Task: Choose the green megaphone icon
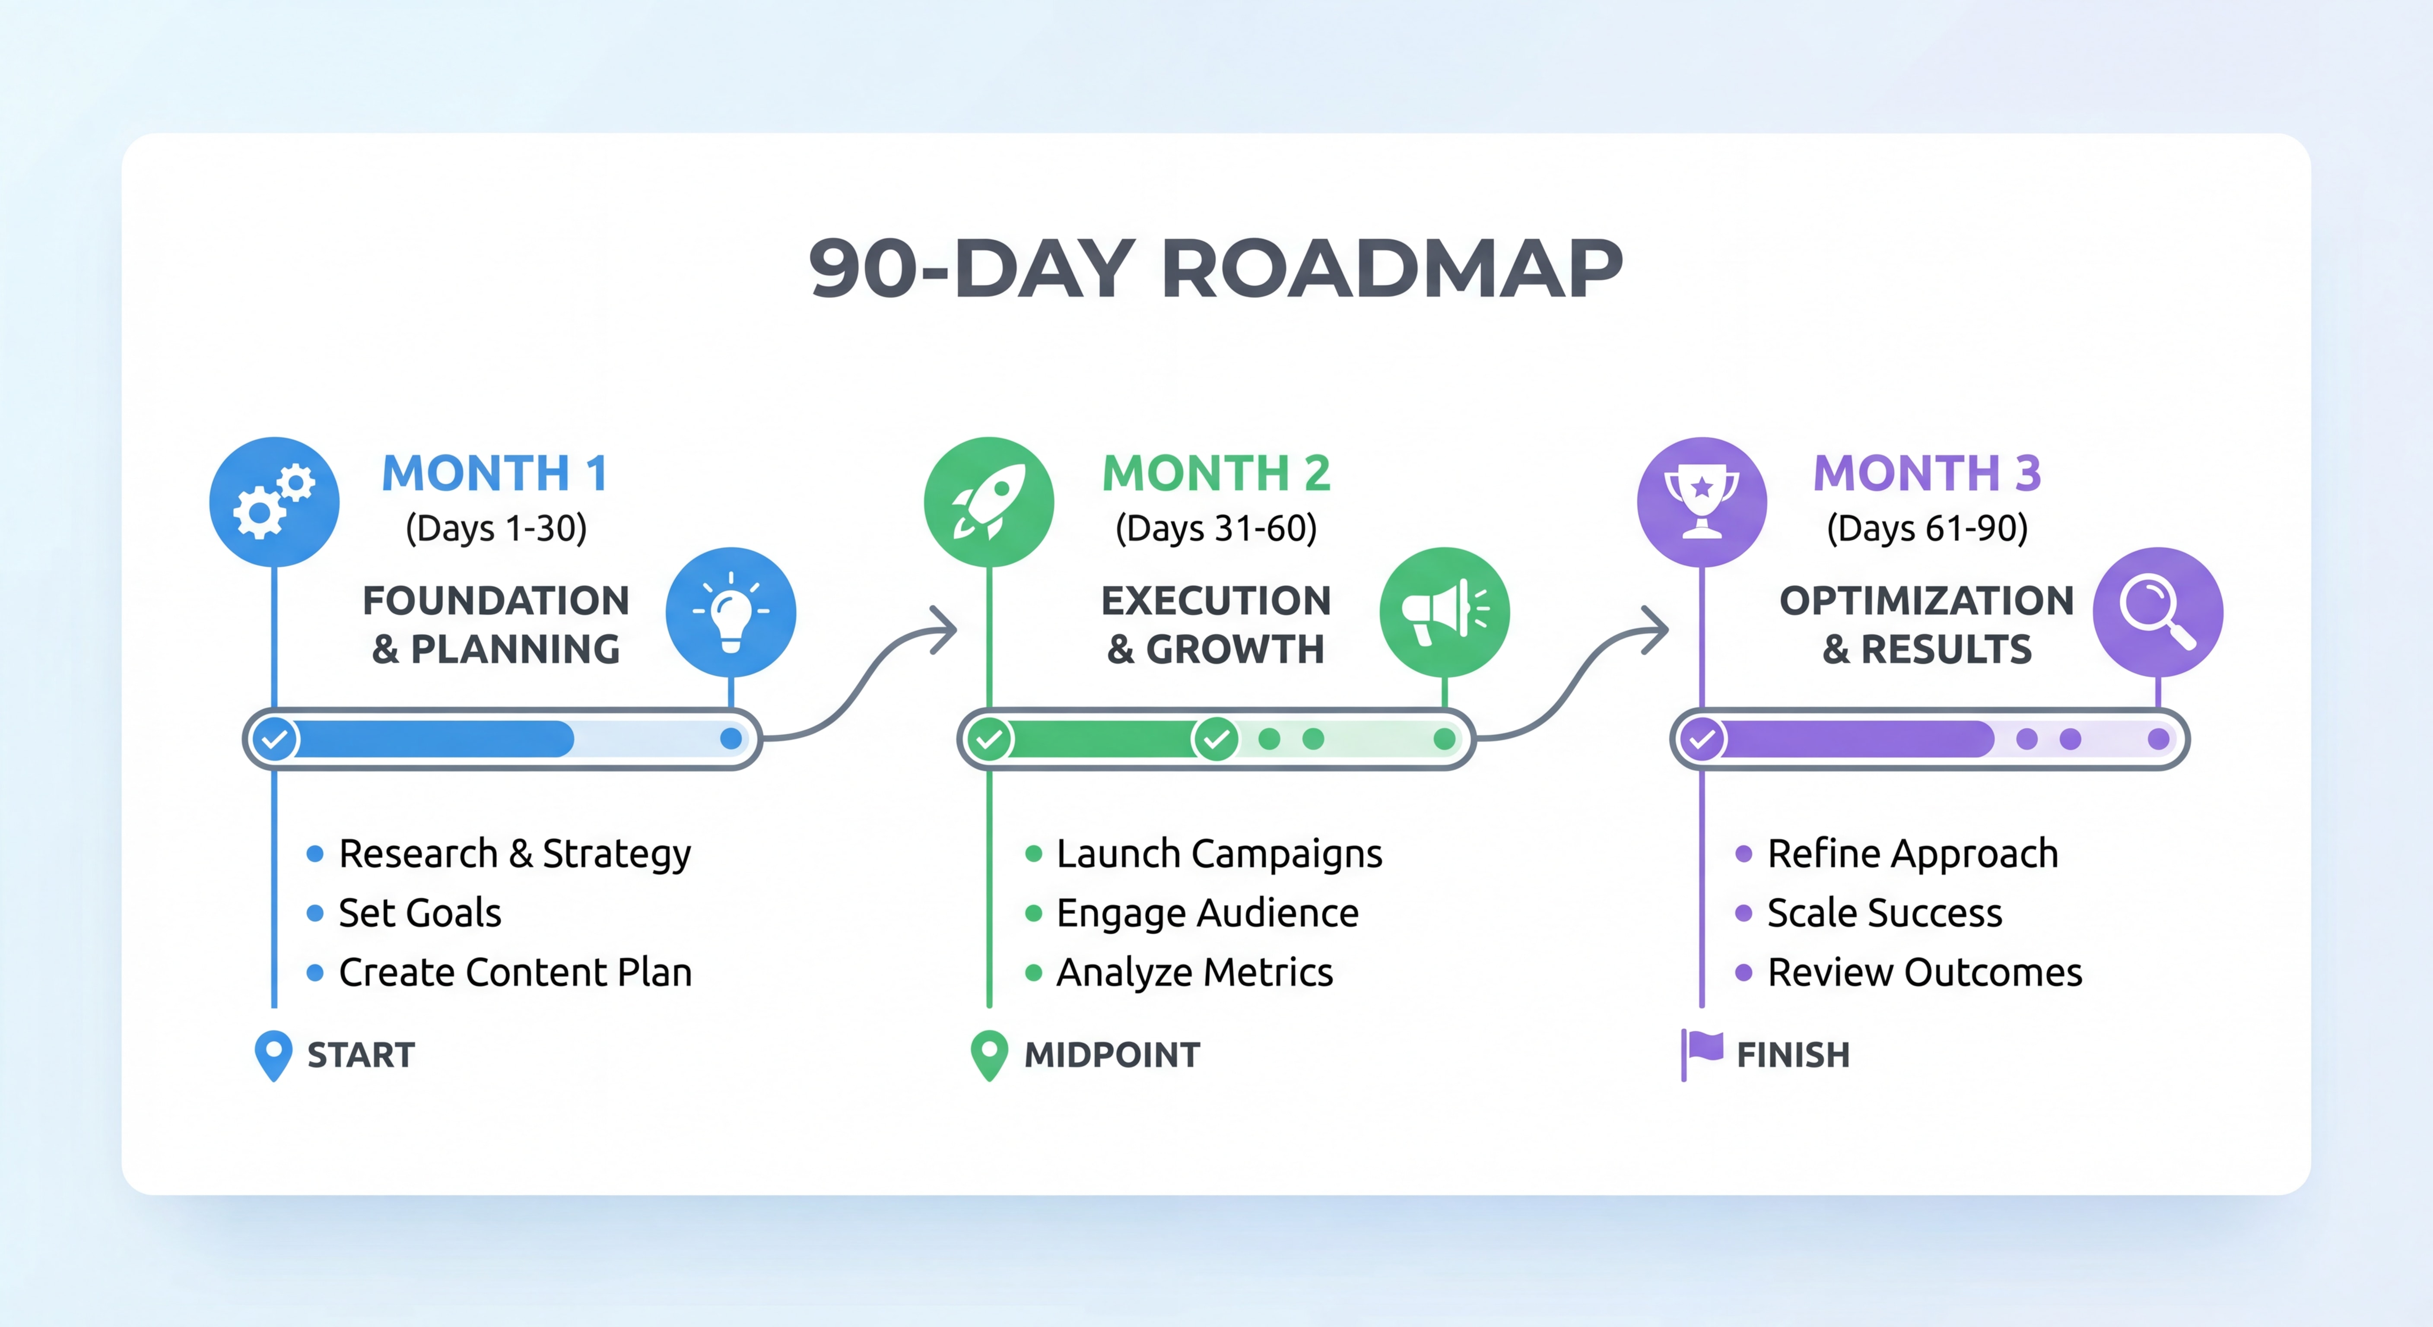(x=1444, y=612)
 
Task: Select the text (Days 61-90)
(x=1927, y=528)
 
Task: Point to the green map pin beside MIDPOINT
(x=989, y=1054)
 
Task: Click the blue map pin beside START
(x=274, y=1054)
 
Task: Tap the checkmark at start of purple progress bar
(x=1702, y=739)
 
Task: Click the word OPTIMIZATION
(x=1927, y=601)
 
